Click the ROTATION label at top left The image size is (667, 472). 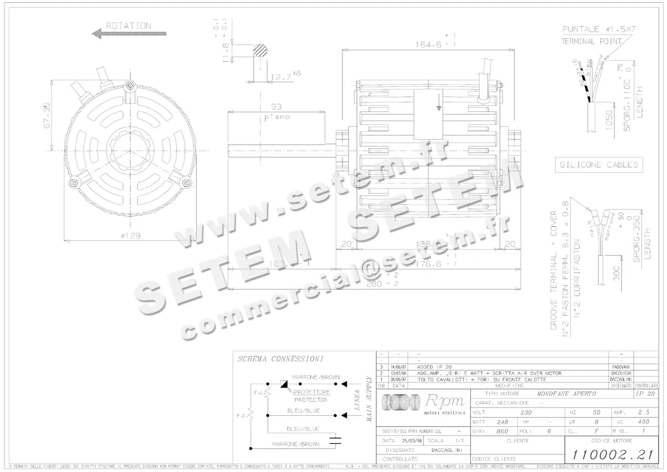point(128,26)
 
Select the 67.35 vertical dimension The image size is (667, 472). point(47,115)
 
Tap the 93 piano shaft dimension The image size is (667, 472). point(276,107)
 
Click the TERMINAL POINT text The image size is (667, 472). point(591,41)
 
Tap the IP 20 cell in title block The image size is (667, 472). point(645,394)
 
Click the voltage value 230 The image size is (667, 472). point(526,413)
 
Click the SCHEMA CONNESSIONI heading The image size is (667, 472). point(280,359)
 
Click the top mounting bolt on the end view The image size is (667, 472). point(130,85)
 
